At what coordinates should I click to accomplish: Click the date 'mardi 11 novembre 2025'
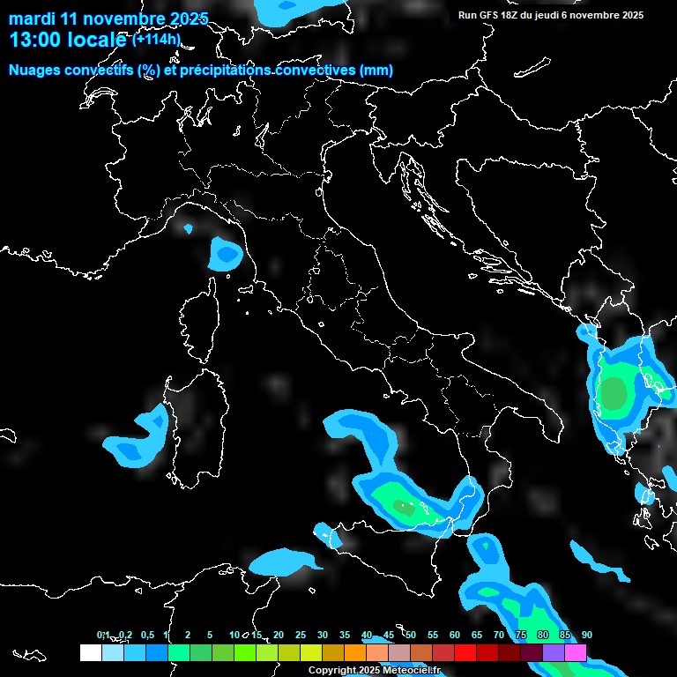click(108, 19)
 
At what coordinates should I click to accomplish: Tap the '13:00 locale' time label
click(68, 41)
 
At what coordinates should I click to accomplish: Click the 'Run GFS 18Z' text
click(491, 15)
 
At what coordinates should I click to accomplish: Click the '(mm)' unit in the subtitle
click(376, 71)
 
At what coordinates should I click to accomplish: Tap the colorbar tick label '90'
click(586, 636)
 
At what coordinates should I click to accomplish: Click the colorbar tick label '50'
click(410, 636)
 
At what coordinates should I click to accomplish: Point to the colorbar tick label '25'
click(300, 636)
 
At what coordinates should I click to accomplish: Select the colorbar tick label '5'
click(210, 636)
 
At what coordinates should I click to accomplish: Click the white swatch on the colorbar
click(90, 653)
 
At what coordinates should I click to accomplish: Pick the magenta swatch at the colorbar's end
click(575, 653)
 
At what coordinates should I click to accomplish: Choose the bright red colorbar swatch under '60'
click(465, 653)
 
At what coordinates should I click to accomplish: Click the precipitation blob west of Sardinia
click(138, 441)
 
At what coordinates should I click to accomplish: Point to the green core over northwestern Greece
click(614, 392)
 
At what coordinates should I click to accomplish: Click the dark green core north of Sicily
click(404, 508)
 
